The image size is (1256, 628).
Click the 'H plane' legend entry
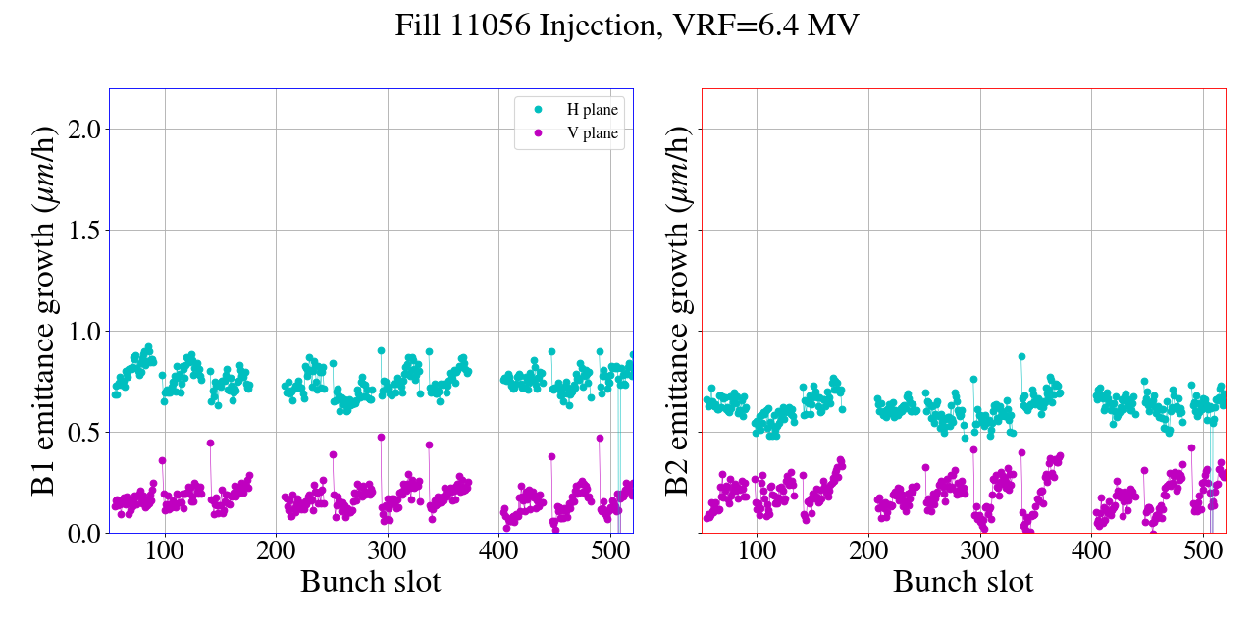(592, 110)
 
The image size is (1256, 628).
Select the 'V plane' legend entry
(592, 133)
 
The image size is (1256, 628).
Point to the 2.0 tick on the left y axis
(82, 129)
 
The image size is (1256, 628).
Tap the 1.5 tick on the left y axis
(82, 230)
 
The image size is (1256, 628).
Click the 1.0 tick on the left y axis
(82, 331)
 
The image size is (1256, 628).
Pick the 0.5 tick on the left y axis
(82, 432)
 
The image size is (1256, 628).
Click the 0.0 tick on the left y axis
(82, 533)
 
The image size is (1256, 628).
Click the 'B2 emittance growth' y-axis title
(677, 310)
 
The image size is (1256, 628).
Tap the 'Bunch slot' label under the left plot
(371, 582)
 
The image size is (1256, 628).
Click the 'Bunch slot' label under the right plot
(964, 582)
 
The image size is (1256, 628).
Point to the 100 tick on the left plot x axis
(165, 551)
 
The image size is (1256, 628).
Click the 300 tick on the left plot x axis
(388, 551)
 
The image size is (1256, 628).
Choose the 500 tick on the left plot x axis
(610, 551)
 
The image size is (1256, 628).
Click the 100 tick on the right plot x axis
(757, 551)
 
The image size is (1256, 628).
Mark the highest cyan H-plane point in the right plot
(1021, 357)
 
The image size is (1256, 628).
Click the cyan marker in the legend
(537, 110)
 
